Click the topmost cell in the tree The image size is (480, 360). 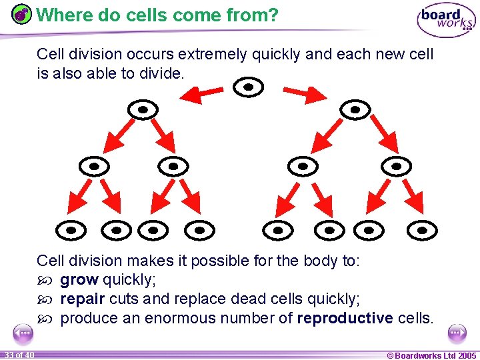(x=249, y=87)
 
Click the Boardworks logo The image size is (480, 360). (x=446, y=21)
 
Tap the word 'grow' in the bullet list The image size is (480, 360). (x=79, y=279)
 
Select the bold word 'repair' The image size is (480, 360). (x=82, y=299)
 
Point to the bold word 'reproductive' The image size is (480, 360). (x=345, y=318)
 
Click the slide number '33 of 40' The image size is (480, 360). (x=18, y=354)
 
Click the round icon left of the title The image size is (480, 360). (x=22, y=14)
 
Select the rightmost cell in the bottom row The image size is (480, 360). (x=422, y=230)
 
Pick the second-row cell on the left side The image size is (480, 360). (x=143, y=109)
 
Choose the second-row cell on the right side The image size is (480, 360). (x=355, y=109)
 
